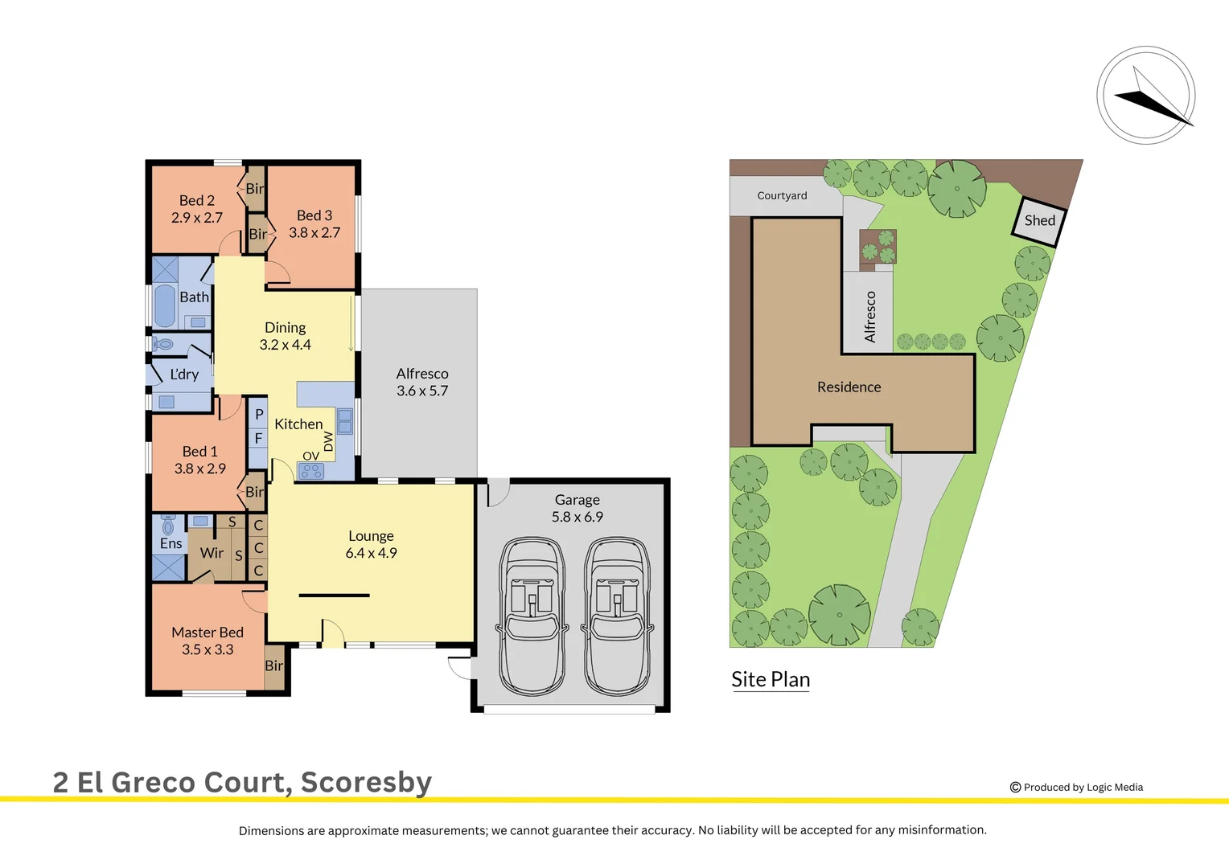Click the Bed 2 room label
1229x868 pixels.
pyautogui.click(x=196, y=200)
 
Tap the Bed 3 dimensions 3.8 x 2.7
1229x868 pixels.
pyautogui.click(x=314, y=233)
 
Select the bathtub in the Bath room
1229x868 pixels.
pyautogui.click(x=165, y=305)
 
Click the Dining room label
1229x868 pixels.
pyautogui.click(x=285, y=327)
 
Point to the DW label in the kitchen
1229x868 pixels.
pyautogui.click(x=328, y=442)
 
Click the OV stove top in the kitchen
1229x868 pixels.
pyautogui.click(x=311, y=471)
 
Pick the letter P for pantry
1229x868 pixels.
pyautogui.click(x=259, y=415)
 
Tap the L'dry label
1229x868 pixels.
pyautogui.click(x=184, y=375)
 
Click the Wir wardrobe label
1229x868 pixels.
pyautogui.click(x=212, y=553)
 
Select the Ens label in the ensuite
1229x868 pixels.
pyautogui.click(x=171, y=544)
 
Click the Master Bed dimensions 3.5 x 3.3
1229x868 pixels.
pyautogui.click(x=208, y=649)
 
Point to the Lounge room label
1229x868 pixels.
pyautogui.click(x=371, y=536)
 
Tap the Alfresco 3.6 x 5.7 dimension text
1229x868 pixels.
pyautogui.click(x=422, y=391)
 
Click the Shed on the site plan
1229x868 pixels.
pyautogui.click(x=1039, y=220)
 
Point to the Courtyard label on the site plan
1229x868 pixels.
pyautogui.click(x=782, y=195)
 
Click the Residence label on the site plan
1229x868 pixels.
pyautogui.click(x=849, y=387)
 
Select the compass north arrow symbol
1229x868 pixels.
pyautogui.click(x=1146, y=96)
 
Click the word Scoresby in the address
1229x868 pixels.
pyautogui.click(x=366, y=782)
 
